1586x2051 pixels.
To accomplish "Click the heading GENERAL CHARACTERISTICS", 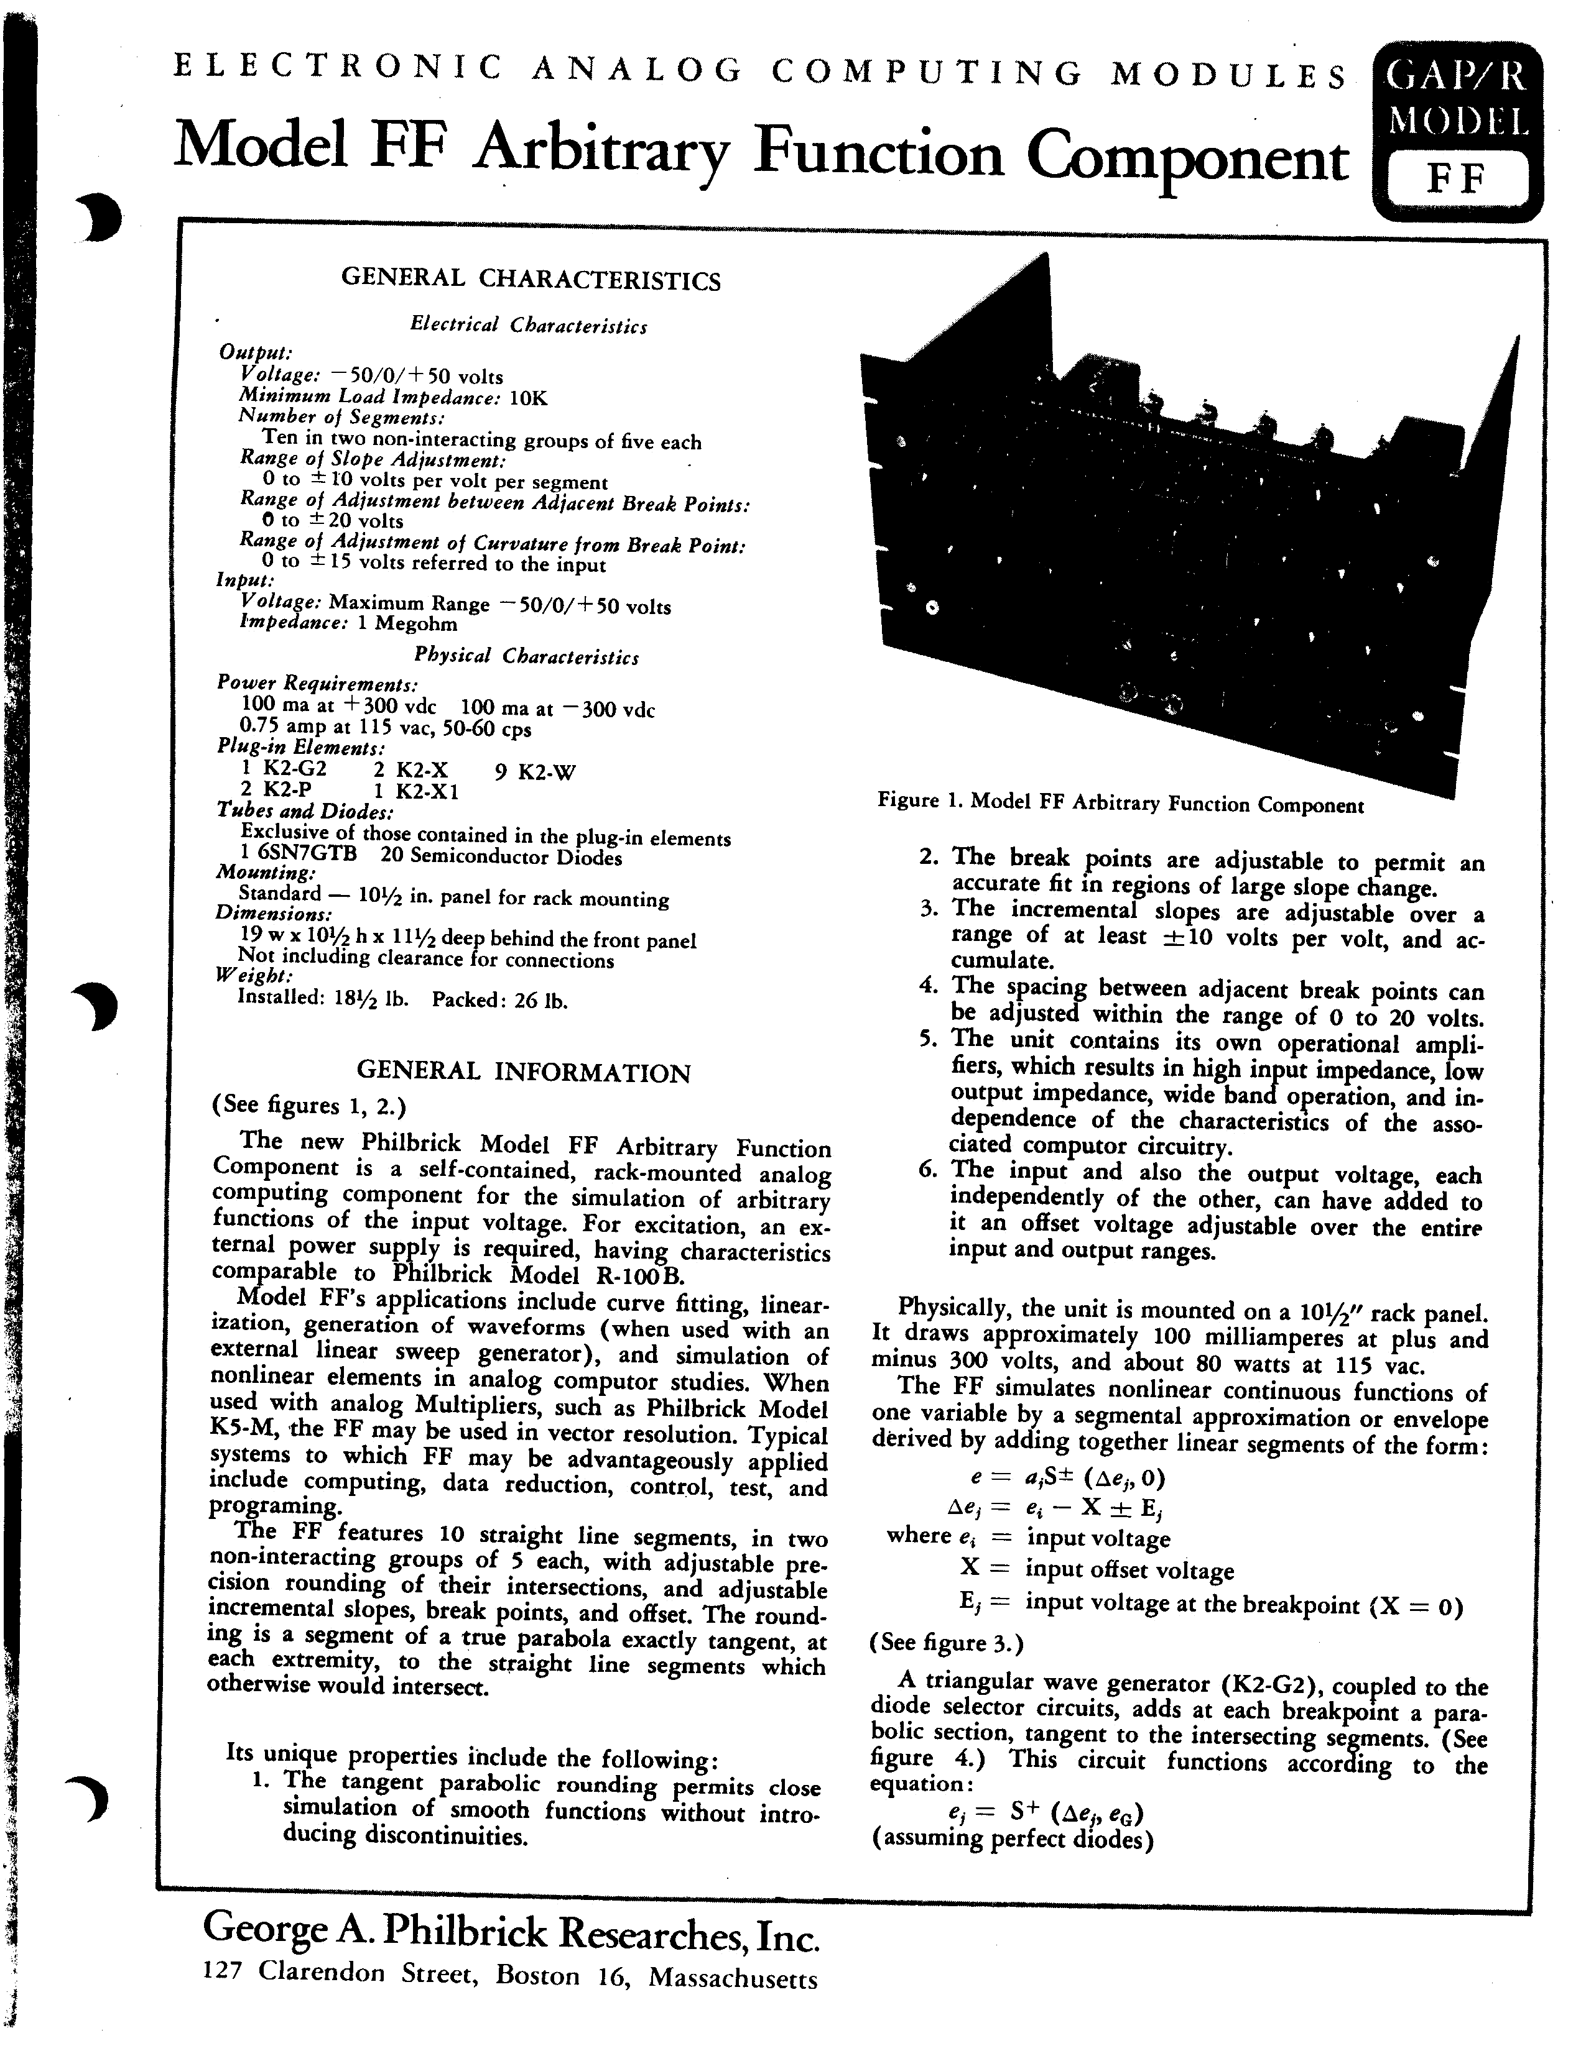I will click(531, 279).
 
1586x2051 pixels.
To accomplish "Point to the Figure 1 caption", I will click(1120, 803).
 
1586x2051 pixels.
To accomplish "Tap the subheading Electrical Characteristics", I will click(528, 325).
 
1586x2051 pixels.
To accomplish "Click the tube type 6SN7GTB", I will click(306, 856).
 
